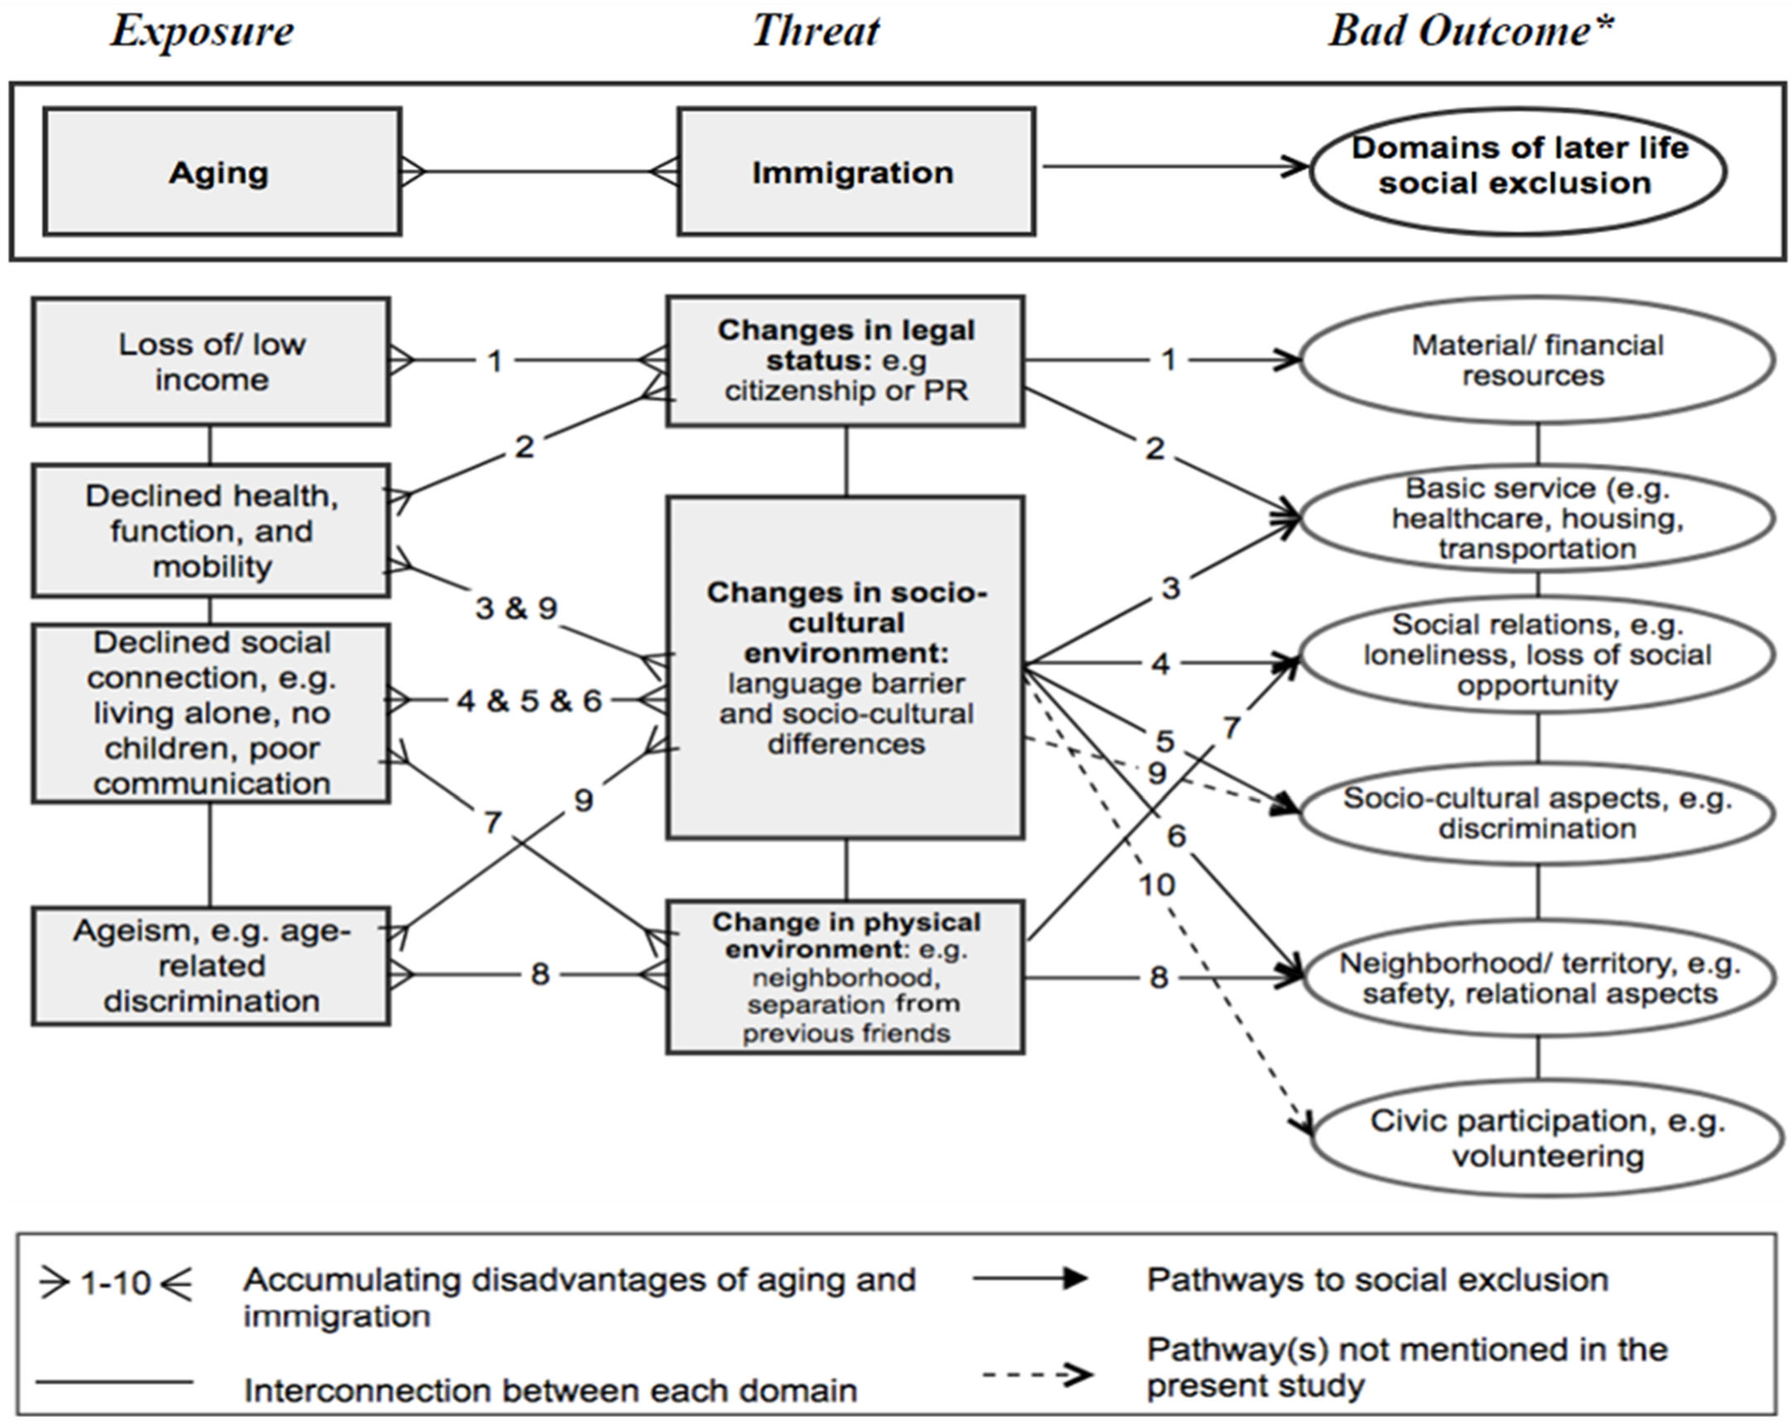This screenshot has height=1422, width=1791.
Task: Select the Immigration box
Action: (x=856, y=172)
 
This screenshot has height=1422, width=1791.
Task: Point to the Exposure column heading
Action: (x=202, y=32)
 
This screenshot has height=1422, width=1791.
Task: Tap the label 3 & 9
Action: (x=516, y=608)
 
